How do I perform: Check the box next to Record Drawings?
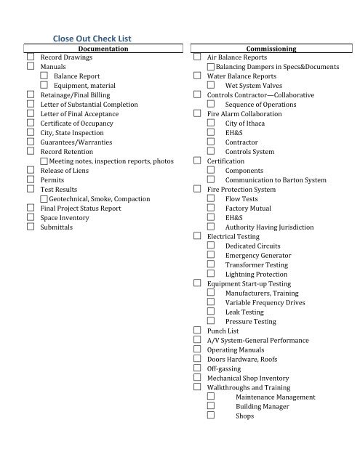pos(31,57)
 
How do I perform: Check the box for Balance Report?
pos(44,76)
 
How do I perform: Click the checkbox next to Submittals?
pos(31,227)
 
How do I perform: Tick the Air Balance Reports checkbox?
pos(197,57)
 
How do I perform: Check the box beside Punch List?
pos(197,331)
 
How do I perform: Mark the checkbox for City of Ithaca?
pos(211,124)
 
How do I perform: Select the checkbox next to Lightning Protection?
pos(211,274)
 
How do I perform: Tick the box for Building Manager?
pos(211,407)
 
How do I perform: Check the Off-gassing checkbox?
pos(197,369)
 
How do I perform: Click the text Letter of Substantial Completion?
pos(89,105)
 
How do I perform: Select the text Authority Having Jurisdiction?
pos(270,227)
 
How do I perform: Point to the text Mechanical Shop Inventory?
pos(248,379)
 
